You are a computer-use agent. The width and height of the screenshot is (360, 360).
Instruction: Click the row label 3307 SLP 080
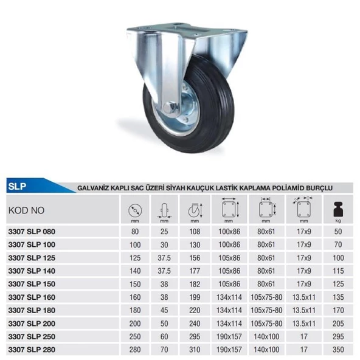click(x=32, y=232)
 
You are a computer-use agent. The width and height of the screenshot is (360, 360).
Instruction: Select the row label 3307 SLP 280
click(x=32, y=350)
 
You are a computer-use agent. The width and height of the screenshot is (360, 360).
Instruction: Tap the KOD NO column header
click(x=26, y=210)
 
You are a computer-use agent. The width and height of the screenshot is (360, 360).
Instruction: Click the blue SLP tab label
click(x=17, y=186)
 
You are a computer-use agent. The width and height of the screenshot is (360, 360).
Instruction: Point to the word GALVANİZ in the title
click(x=93, y=188)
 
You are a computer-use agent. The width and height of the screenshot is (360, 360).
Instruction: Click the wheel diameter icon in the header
click(x=135, y=210)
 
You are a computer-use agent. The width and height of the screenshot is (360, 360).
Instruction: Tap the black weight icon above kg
click(x=338, y=209)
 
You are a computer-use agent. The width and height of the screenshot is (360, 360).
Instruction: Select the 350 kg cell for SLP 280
click(x=338, y=350)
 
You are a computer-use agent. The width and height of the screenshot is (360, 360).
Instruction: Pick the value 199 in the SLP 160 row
click(x=195, y=297)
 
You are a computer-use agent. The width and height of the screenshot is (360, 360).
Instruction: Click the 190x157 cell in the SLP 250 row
click(x=229, y=336)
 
